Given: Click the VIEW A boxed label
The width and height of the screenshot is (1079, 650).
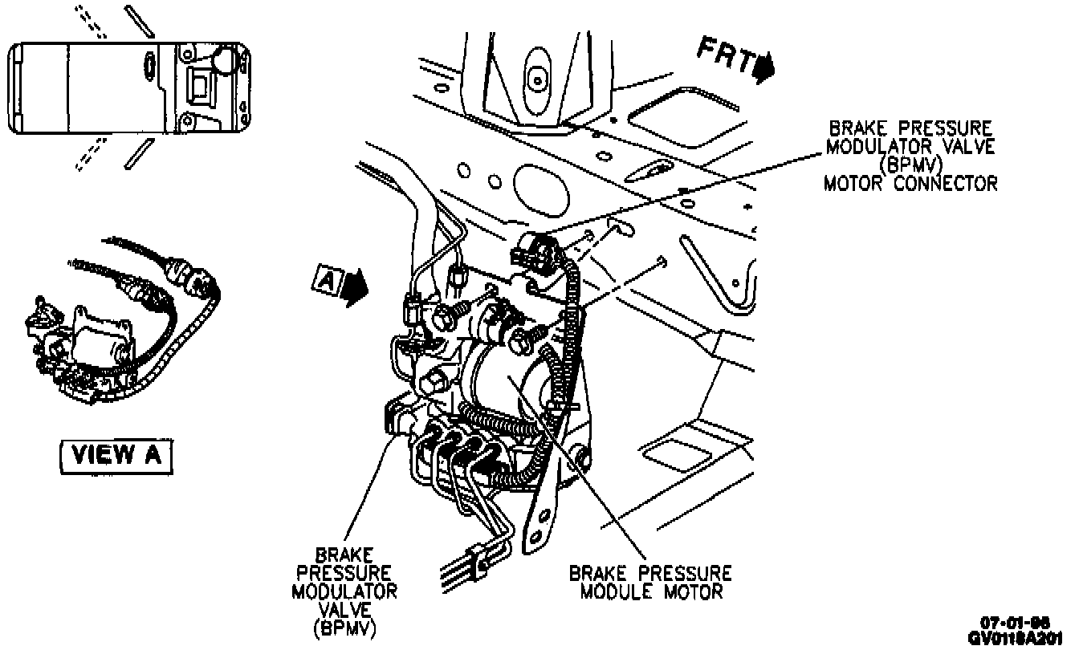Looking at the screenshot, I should pos(116,455).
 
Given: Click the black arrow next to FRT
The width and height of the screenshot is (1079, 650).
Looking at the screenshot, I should pos(763,67).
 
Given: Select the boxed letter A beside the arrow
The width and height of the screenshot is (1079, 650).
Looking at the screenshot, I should pos(326,280).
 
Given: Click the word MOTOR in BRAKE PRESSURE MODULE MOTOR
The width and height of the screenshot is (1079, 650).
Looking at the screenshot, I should pos(692,592).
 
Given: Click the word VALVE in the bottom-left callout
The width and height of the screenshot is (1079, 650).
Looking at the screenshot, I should pos(344,609).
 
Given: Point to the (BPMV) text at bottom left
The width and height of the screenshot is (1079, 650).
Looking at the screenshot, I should pos(344,628).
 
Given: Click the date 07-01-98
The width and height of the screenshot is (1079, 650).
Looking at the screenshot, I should pos(1015,623).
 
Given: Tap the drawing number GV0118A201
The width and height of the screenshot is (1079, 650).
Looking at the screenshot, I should pos(1015,638).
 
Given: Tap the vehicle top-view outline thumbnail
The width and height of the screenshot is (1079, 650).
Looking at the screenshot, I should pos(128,88).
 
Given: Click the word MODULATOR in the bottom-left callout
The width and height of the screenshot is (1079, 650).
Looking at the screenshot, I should pos(344,591).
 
